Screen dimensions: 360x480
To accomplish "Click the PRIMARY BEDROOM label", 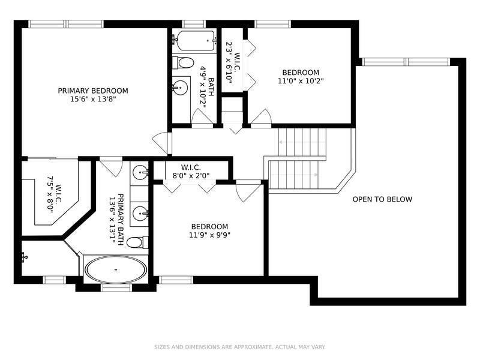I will coord(93,91).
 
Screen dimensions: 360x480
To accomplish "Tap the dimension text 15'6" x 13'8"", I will coord(93,100).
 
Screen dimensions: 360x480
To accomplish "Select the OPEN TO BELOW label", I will coord(382,199).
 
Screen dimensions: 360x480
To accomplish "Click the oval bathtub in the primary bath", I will coord(116,269).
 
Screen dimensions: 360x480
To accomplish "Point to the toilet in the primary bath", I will coord(136,242).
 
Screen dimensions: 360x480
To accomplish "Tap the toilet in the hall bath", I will coord(182,62).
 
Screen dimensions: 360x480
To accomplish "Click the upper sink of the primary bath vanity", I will coord(140,173).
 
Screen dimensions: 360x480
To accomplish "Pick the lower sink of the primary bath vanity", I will coord(140,212).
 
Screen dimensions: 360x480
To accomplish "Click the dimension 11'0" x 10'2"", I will coord(296,80).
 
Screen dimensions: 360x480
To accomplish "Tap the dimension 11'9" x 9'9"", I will coord(209,235).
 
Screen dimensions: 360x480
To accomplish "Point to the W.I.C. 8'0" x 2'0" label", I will coord(190,172).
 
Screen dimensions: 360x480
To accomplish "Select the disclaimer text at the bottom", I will coord(240,347).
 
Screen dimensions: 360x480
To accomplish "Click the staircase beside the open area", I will coord(300,159).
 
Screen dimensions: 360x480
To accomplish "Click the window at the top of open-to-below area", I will coord(406,61).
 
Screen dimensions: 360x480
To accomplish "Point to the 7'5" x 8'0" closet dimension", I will coord(50,195).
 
